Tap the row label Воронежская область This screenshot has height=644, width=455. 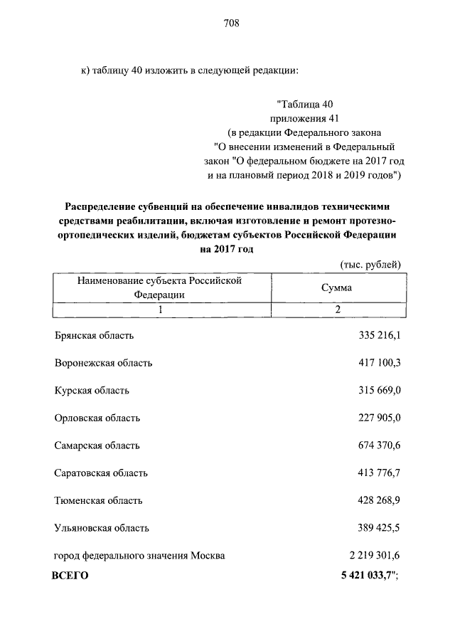[x=103, y=363]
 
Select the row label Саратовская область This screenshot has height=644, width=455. [x=101, y=473]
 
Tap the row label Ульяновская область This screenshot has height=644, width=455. [x=102, y=528]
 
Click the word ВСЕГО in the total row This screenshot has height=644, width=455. [x=70, y=576]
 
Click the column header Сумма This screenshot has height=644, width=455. [x=337, y=288]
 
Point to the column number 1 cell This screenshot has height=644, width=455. [x=161, y=310]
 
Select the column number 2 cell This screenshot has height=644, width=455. [x=338, y=310]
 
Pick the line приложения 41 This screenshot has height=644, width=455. [x=304, y=118]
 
